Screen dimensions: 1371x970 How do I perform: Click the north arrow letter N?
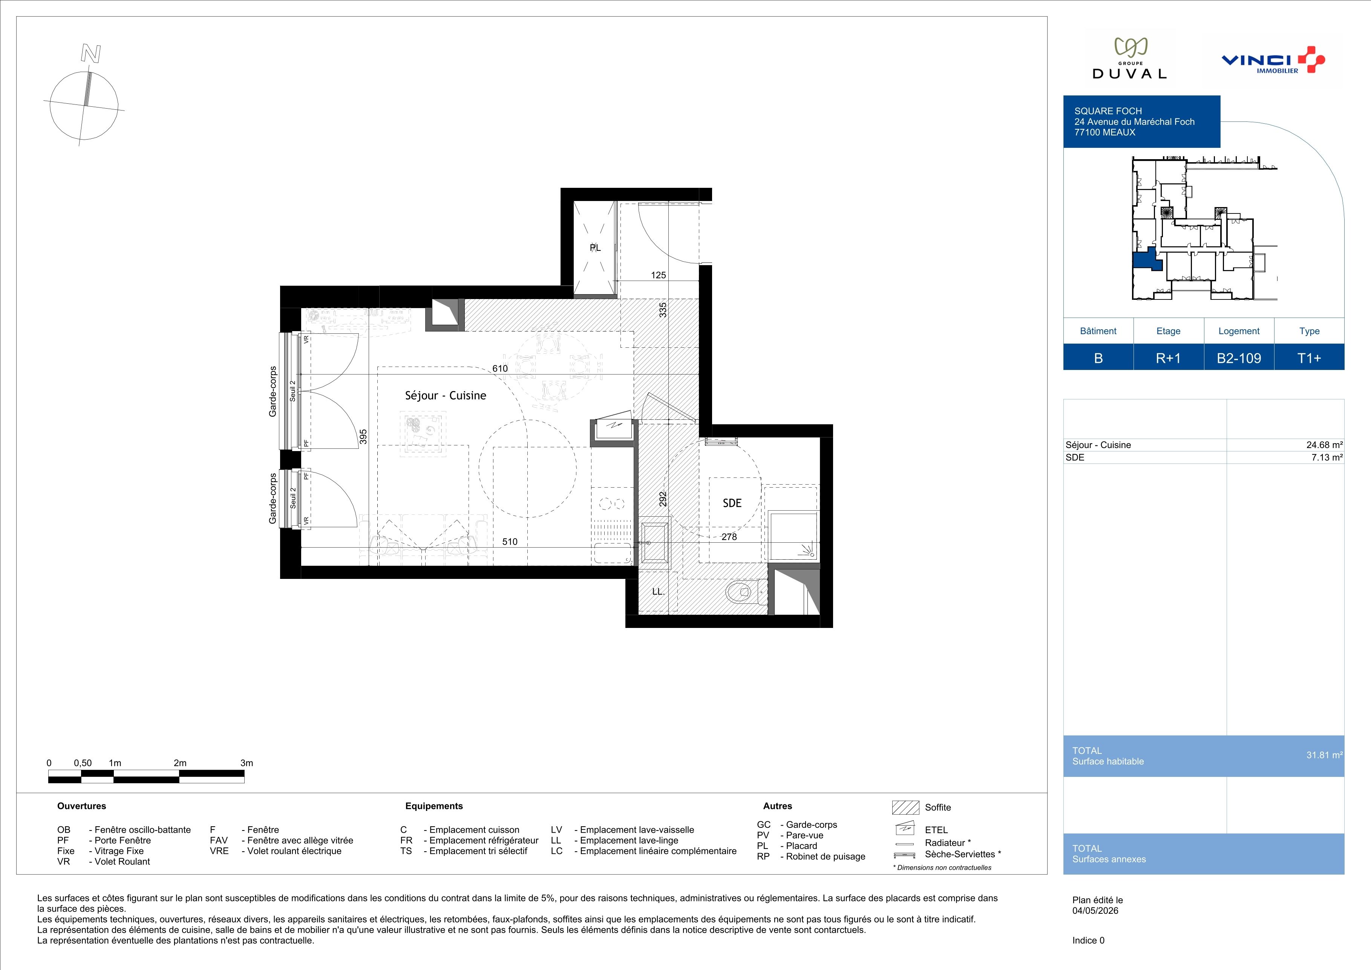(x=91, y=54)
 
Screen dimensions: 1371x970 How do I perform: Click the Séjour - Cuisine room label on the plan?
(x=446, y=395)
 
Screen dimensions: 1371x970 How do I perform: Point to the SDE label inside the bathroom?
(x=732, y=503)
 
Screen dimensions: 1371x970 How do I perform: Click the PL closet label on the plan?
(x=595, y=248)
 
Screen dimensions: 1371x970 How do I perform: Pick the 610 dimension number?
(x=500, y=368)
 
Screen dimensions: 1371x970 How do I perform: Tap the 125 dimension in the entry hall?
(x=658, y=275)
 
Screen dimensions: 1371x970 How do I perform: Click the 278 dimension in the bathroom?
(x=729, y=537)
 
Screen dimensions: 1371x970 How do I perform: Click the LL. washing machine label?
(x=658, y=592)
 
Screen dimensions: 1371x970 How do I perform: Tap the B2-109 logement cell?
(x=1239, y=358)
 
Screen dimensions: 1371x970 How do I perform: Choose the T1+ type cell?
(x=1310, y=358)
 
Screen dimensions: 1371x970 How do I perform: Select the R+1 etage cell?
(x=1169, y=358)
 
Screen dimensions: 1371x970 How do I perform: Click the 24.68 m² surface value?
(x=1324, y=445)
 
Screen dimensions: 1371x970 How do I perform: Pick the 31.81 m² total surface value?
(x=1324, y=755)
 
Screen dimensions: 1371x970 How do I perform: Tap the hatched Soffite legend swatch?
(x=905, y=807)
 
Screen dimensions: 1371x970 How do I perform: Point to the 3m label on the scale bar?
(x=247, y=763)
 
